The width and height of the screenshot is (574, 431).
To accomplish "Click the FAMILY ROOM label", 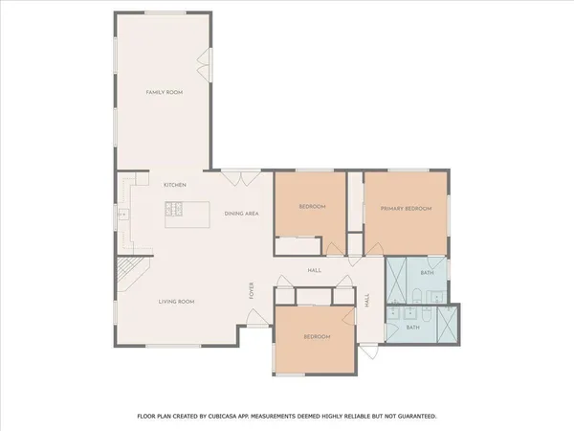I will click(164, 92).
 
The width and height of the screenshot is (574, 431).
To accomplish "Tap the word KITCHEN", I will click(174, 185).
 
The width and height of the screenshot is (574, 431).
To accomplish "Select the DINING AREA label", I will click(242, 213).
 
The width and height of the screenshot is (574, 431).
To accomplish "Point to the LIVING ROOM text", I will click(176, 302).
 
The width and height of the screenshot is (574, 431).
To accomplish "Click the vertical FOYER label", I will click(253, 289).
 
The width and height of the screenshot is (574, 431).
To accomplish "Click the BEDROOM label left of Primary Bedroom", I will click(312, 207).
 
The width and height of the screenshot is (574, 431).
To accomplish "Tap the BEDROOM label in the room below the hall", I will click(317, 336).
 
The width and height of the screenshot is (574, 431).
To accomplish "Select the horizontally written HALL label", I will click(314, 270).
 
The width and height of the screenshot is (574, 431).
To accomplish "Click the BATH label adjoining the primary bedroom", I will click(427, 274).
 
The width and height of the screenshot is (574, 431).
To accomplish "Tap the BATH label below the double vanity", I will click(412, 328).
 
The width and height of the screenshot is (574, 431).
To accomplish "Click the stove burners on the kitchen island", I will click(176, 210).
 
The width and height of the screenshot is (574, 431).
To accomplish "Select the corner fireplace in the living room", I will click(128, 272).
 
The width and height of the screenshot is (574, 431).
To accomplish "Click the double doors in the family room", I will click(204, 64).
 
